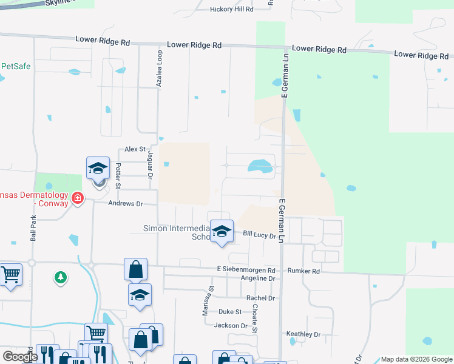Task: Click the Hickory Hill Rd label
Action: pos(231,10)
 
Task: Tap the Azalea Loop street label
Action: pos(160,70)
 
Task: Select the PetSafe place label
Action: pos(16,66)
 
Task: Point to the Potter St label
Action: pos(119,176)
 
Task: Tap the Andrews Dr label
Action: pos(125,204)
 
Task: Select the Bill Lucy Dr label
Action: pos(259,234)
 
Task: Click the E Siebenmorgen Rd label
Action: pos(246,270)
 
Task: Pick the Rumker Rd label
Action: pos(303,271)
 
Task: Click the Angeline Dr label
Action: pos(258,278)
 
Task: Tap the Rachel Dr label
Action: pos(260,298)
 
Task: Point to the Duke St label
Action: pos(230,312)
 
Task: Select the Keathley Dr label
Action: pos(303,334)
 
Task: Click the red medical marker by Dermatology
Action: pos(77,198)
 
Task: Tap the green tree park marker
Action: pos(60,278)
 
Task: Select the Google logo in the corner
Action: pos(19,357)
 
